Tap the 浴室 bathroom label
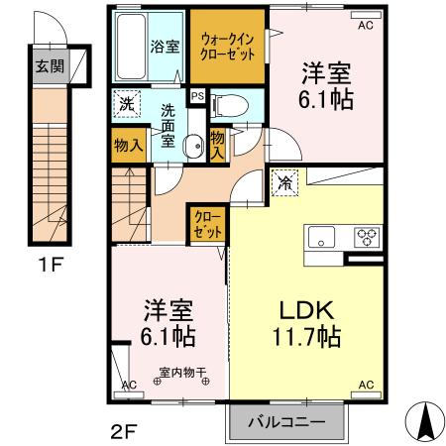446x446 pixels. point(163,46)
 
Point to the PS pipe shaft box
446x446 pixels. point(197,96)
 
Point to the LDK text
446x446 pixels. point(302,308)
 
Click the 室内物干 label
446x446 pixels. point(181,375)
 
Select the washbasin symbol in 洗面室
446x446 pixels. point(192,141)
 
